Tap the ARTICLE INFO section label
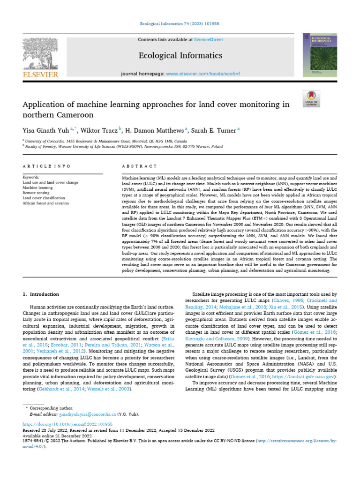pos(47,166)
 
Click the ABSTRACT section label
pos(139,166)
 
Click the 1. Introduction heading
pos(41,294)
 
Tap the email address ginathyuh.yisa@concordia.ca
pos(88,414)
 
